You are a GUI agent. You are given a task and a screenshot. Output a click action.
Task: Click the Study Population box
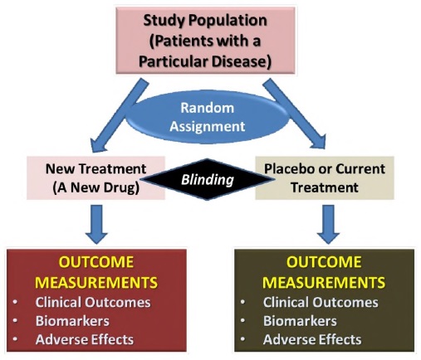point(205,41)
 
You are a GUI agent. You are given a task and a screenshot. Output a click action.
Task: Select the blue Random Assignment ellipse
point(208,117)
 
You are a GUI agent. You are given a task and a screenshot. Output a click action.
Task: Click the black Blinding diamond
point(208,179)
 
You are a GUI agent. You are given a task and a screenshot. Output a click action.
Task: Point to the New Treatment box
point(95,178)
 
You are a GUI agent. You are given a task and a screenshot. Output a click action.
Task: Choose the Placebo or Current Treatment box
point(325,178)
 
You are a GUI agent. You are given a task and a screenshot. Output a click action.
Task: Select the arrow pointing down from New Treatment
point(96,224)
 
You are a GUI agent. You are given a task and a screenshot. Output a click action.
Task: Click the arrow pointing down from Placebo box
point(328,224)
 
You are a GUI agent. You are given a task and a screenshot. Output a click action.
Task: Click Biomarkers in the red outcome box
point(72,321)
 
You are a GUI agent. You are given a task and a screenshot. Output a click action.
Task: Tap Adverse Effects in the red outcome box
point(85,339)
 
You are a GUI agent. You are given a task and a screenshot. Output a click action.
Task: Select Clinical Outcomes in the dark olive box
point(321,302)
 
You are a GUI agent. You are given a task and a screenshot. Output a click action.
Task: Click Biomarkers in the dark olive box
point(300,321)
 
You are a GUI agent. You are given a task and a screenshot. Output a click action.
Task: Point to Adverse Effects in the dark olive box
point(312,339)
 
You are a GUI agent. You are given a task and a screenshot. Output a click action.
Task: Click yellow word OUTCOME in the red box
point(96,262)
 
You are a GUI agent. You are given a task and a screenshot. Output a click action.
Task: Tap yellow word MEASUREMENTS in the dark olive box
point(324,282)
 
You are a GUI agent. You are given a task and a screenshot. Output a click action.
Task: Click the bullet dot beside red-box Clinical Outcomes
point(15,302)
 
